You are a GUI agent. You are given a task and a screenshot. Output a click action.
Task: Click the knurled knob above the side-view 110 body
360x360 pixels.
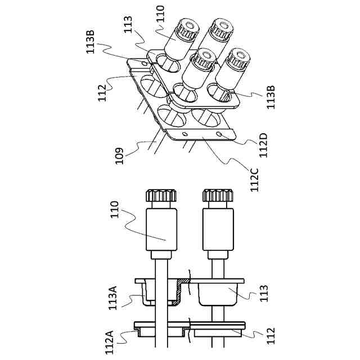[x=161, y=196]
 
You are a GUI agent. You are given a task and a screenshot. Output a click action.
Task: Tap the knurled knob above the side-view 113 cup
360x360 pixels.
[x=218, y=196]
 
